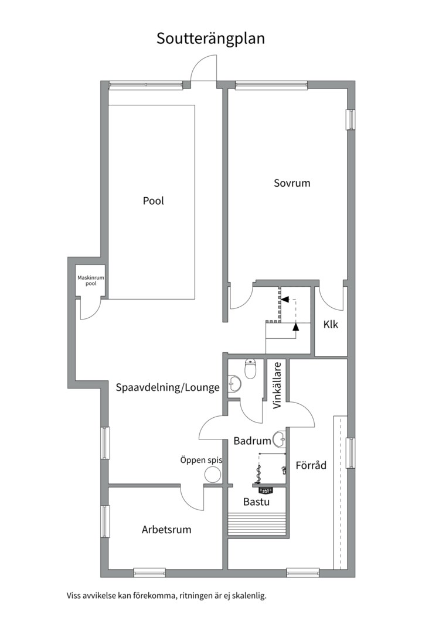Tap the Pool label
coord(154,201)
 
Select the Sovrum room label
coord(292,183)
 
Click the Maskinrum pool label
coord(91,280)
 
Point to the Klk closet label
coord(331,324)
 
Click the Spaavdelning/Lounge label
coord(168,388)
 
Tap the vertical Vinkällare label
coord(277,386)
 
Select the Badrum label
coord(253,441)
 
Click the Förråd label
coord(311,466)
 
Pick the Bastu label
coord(257,502)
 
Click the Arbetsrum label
coord(166,530)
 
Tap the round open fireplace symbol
coord(212,475)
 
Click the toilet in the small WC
coord(251,369)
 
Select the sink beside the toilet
coord(234,383)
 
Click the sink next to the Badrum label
coord(280,439)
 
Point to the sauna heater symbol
coord(266,490)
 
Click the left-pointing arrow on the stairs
coord(285,300)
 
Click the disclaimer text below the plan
coord(166,596)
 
